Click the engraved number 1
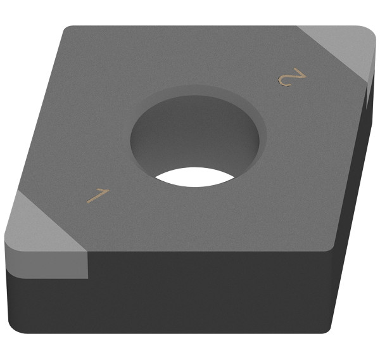97,196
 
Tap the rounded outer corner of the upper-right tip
370,35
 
